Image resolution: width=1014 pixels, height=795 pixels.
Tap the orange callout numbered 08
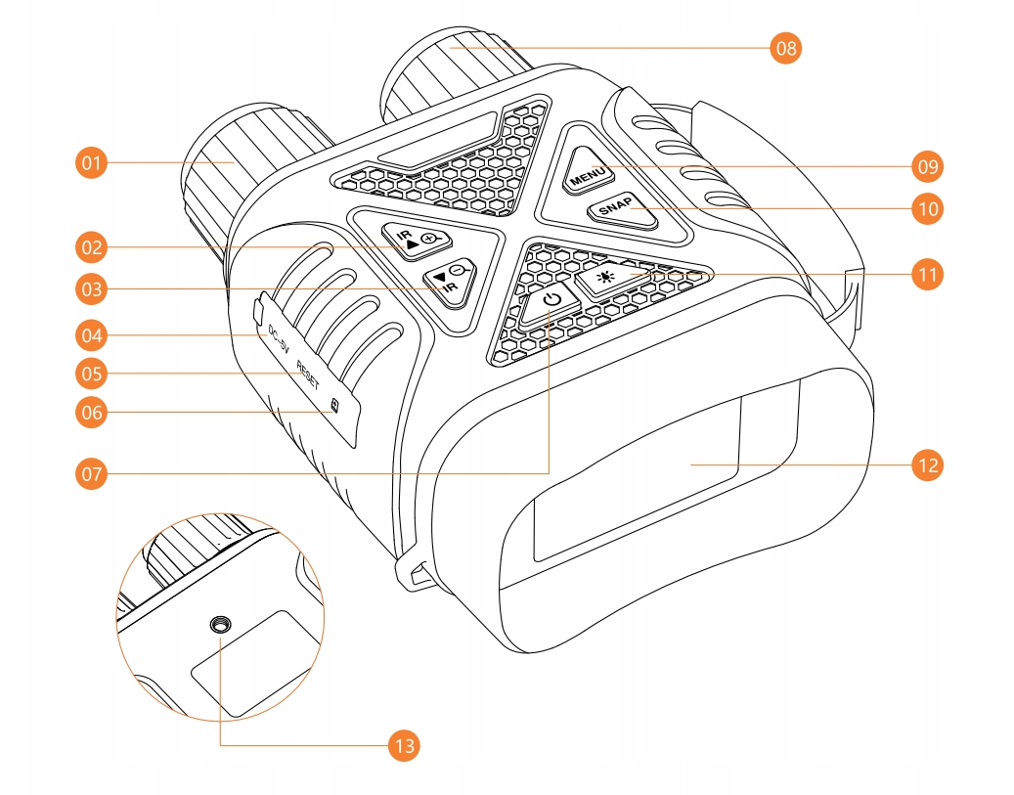click(x=785, y=47)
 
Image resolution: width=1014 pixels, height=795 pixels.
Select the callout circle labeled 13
click(x=402, y=746)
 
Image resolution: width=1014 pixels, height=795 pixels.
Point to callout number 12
click(x=926, y=464)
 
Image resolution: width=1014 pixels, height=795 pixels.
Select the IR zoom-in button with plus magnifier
click(x=419, y=240)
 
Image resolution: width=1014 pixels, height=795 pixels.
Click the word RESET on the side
click(x=307, y=374)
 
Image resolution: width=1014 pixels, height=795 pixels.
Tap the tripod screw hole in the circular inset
click(x=221, y=625)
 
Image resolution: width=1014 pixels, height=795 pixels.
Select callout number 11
click(x=926, y=275)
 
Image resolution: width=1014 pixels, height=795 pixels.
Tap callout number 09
click(x=926, y=167)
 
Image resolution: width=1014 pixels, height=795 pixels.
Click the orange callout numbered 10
click(x=926, y=207)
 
